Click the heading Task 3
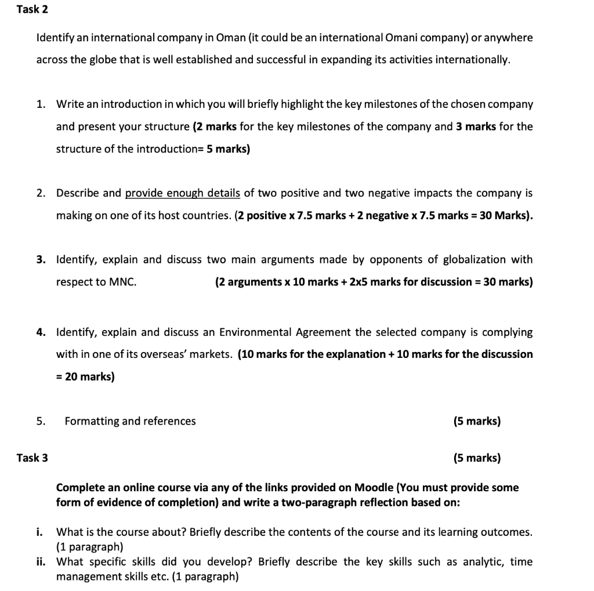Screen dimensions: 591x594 32,458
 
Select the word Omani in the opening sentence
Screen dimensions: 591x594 400,38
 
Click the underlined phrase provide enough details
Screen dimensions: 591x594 182,193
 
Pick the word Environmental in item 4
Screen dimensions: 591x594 255,332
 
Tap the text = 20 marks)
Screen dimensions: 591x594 85,376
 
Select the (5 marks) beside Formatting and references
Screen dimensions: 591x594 477,421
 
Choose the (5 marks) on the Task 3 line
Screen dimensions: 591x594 477,458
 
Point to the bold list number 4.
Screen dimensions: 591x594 40,332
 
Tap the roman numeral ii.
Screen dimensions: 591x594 41,562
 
